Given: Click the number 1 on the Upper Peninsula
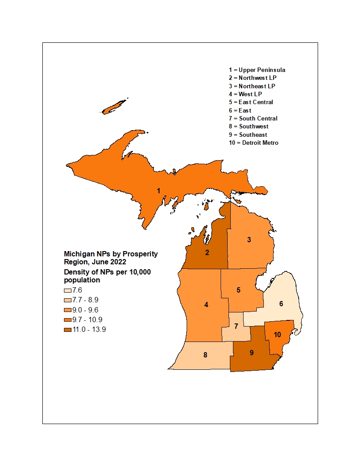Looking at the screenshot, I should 158,191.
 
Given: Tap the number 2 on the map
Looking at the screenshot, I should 206,253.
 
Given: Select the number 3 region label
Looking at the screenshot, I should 249,240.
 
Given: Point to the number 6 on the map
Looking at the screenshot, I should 281,304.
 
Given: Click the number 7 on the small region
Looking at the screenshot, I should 236,326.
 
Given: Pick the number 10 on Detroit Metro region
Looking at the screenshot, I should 277,335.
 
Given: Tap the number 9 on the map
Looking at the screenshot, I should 251,353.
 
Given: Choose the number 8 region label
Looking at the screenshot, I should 205,355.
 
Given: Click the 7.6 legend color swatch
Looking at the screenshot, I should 67,290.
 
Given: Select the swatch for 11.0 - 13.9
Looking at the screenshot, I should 67,329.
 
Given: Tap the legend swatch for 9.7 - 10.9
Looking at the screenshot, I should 67,319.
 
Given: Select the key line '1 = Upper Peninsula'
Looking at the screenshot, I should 257,70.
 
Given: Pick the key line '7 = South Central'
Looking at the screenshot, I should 253,118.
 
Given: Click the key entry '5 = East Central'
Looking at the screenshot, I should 251,102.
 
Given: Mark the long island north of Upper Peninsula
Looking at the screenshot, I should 114,106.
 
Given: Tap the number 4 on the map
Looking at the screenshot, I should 206,304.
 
